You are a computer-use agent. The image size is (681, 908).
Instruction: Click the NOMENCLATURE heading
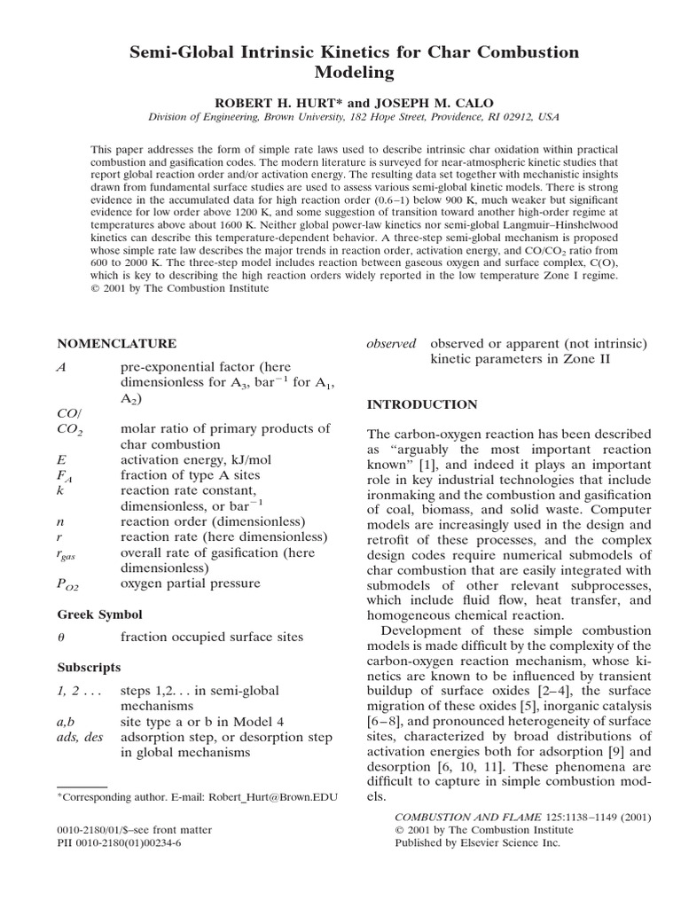tap(116, 344)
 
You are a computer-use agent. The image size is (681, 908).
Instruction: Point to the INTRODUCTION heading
tap(422, 404)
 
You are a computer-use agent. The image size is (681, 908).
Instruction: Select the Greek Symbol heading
tap(99, 614)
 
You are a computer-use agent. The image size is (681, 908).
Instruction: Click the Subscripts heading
tap(90, 666)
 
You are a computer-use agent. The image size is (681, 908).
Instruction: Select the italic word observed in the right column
tap(391, 343)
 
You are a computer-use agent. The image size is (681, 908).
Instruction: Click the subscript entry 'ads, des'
tap(80, 737)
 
